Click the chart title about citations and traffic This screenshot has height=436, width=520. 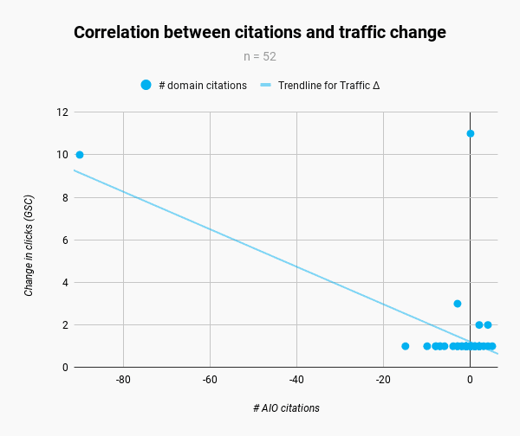(x=260, y=33)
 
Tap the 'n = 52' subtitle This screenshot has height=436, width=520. (x=260, y=57)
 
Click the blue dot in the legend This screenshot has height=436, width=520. (x=146, y=85)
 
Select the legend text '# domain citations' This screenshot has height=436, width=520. (x=203, y=86)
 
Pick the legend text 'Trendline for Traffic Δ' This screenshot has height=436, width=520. (x=328, y=86)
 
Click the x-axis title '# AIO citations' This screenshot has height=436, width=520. (x=286, y=407)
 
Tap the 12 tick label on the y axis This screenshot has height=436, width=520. (x=62, y=112)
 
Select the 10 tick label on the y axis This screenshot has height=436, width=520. (x=62, y=155)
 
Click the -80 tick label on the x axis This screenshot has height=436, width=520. (x=123, y=380)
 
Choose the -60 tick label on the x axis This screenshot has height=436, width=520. (x=210, y=380)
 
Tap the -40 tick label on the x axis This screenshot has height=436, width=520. (x=296, y=380)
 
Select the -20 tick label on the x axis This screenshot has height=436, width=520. (x=383, y=380)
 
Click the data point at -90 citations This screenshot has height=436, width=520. (x=80, y=155)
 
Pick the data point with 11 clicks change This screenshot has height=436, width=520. (x=471, y=133)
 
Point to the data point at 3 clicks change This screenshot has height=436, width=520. (x=458, y=304)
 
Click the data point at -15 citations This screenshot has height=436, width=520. (x=406, y=346)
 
